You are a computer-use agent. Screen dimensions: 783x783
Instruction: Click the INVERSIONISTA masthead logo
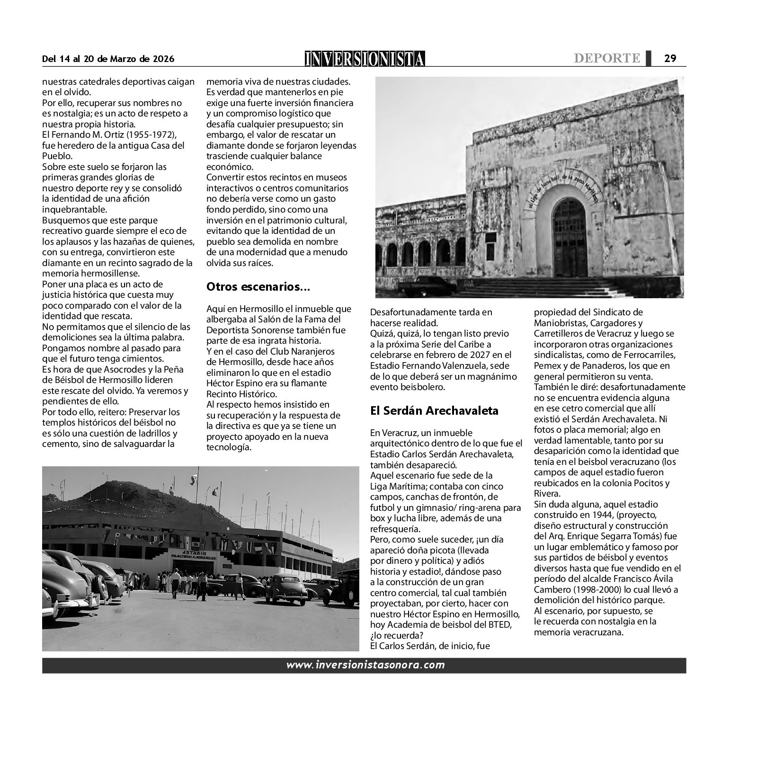[365, 58]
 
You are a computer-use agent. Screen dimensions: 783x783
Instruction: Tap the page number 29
[670, 58]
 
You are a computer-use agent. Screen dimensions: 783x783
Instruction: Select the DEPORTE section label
[607, 58]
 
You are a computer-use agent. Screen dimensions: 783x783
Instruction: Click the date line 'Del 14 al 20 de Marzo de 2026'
[108, 59]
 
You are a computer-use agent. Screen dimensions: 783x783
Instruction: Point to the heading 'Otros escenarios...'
[258, 286]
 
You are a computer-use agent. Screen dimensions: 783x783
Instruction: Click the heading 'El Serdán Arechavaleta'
[434, 410]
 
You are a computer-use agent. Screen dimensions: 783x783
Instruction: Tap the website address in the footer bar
[365, 665]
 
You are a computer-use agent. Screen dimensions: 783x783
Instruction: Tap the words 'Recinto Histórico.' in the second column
[241, 394]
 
